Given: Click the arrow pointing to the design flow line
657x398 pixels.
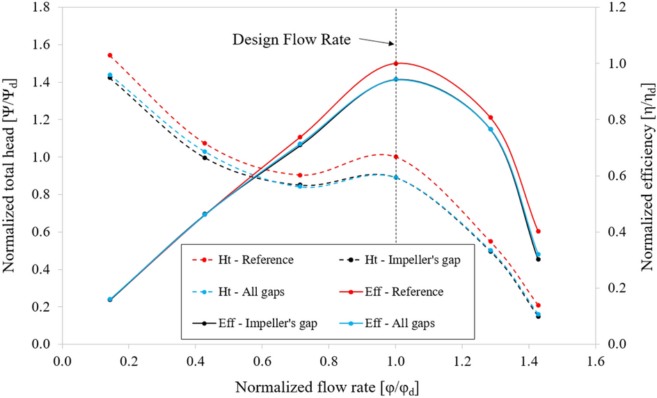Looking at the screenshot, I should tap(378, 42).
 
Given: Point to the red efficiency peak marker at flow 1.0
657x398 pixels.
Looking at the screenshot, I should tap(396, 63).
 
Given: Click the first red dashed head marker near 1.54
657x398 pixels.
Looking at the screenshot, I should tap(110, 55).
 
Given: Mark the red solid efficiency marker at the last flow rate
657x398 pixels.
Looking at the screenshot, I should tap(538, 231).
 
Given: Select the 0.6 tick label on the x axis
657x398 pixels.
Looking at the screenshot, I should tap(262, 361).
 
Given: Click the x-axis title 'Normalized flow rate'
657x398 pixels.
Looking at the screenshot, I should tap(326, 385).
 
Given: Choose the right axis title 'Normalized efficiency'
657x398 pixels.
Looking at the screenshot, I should tap(647, 177).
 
